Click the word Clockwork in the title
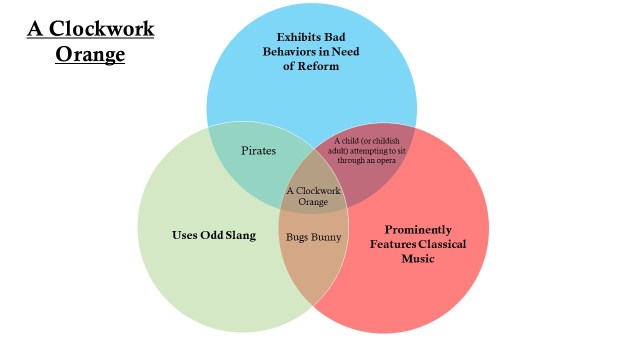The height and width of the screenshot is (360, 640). click(x=105, y=28)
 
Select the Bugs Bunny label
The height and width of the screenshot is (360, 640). click(x=314, y=237)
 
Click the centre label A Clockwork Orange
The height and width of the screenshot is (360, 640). click(x=314, y=195)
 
